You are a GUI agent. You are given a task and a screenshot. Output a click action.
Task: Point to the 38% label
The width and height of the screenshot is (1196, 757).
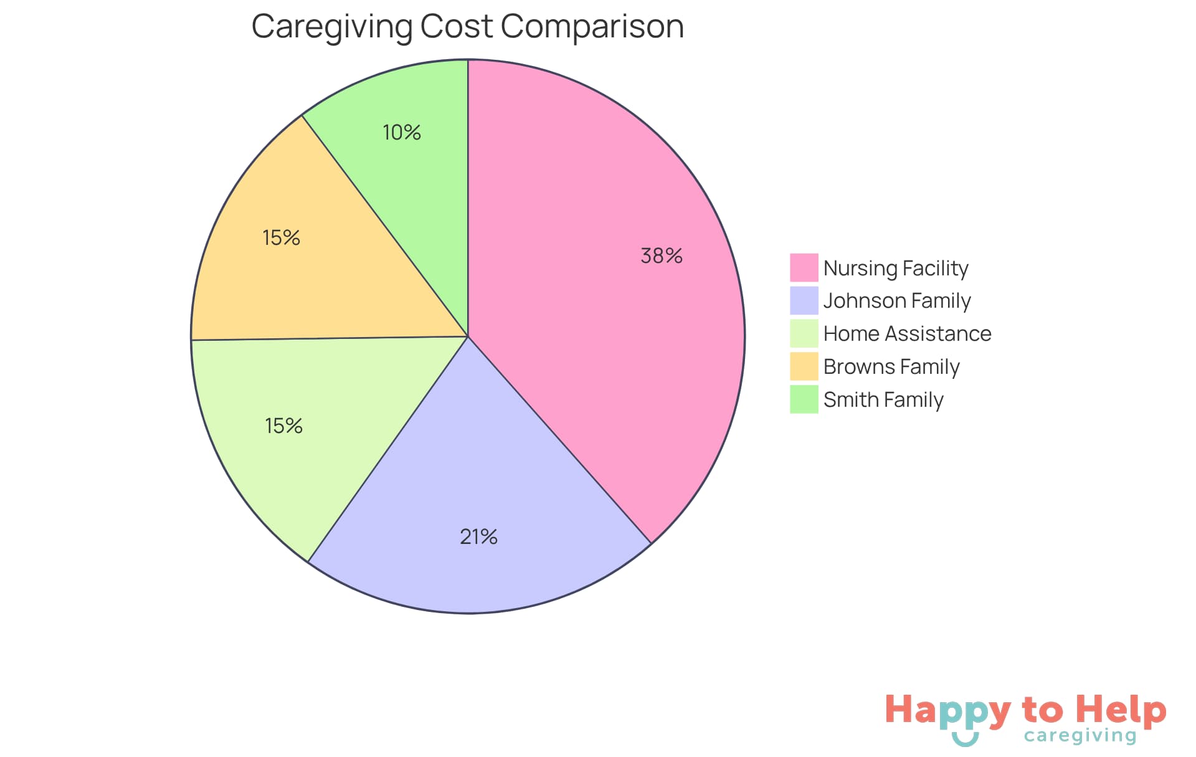click(662, 255)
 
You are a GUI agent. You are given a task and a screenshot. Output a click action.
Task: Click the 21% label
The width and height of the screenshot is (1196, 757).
click(478, 536)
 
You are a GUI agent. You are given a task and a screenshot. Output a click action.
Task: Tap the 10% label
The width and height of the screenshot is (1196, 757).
click(402, 132)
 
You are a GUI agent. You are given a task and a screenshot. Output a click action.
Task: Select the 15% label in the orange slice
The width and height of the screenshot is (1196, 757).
click(282, 237)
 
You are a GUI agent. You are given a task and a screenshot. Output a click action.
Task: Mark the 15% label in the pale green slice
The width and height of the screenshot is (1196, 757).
click(284, 426)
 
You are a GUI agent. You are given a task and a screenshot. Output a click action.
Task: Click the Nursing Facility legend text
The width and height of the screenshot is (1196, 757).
click(896, 268)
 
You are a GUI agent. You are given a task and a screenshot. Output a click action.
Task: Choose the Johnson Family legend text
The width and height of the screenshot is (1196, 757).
click(897, 301)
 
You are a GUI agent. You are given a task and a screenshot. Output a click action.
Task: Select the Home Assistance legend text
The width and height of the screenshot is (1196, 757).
click(907, 334)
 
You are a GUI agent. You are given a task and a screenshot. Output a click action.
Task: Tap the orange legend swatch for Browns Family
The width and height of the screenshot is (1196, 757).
click(804, 366)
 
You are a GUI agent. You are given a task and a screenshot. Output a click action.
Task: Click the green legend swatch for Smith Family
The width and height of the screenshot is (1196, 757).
click(804, 399)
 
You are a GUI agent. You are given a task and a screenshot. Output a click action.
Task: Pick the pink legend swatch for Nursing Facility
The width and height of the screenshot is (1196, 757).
click(804, 268)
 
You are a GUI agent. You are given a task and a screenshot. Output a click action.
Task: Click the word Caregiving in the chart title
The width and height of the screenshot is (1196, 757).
click(332, 27)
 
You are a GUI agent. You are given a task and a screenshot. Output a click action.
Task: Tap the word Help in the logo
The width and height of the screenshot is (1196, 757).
click(1121, 710)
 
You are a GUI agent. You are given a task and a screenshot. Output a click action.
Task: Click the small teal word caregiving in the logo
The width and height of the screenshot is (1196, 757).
click(1080, 736)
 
